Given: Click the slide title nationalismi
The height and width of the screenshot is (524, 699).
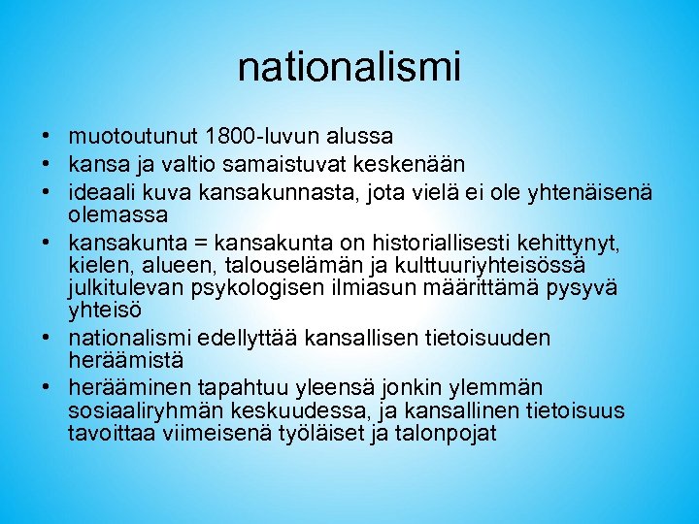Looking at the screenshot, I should (349, 68).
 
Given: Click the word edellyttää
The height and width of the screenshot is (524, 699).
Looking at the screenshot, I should (251, 338).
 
